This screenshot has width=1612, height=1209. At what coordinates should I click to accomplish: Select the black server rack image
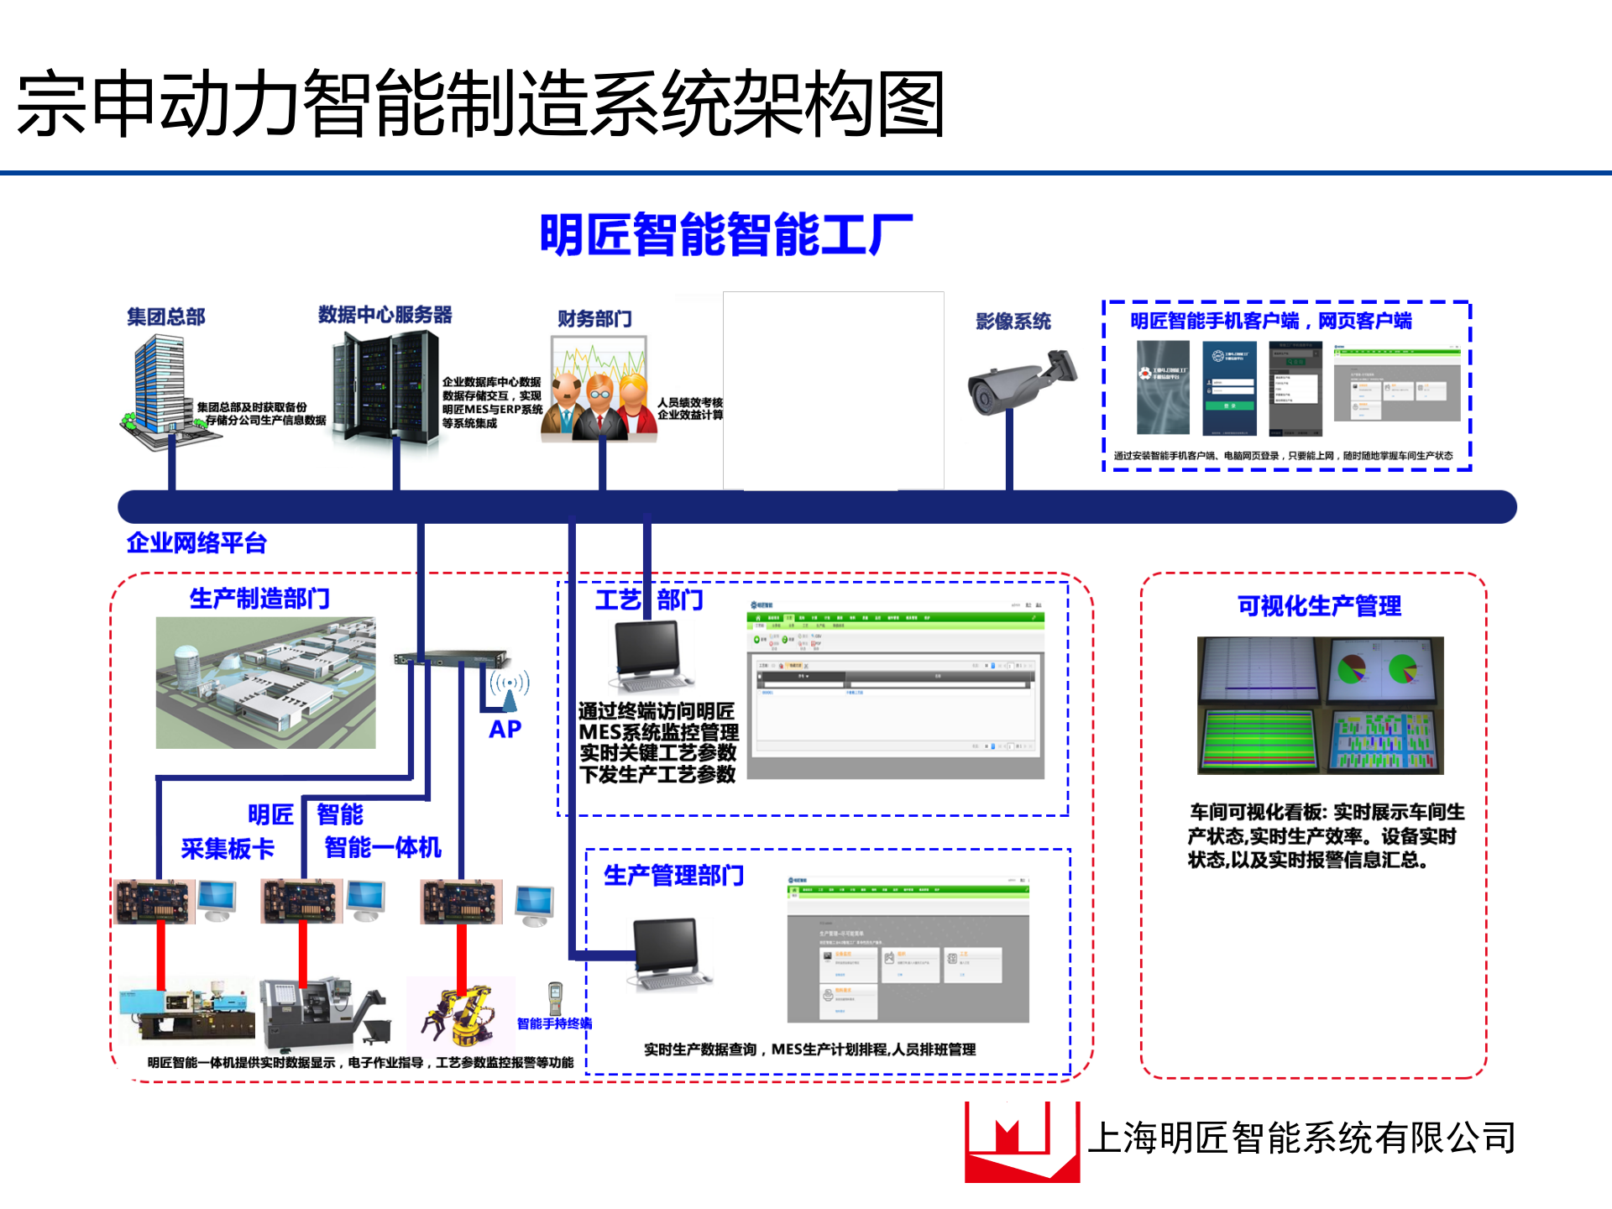click(386, 386)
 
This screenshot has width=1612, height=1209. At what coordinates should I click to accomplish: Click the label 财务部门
click(594, 319)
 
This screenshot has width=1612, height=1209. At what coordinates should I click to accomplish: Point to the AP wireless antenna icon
click(509, 688)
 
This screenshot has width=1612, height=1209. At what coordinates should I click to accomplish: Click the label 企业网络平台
click(196, 543)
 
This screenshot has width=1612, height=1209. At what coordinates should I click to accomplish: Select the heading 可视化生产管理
click(1318, 605)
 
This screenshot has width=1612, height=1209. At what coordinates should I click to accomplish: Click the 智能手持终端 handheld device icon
click(555, 998)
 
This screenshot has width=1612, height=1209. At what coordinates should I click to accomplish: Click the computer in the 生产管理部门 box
click(668, 954)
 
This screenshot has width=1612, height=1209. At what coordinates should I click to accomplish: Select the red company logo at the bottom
click(1021, 1142)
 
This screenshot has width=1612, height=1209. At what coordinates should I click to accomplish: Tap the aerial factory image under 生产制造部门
click(265, 683)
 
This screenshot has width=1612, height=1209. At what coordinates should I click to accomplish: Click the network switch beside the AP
click(451, 658)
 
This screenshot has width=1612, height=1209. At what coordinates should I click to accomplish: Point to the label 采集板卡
click(228, 848)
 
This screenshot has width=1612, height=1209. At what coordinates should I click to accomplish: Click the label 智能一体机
click(382, 847)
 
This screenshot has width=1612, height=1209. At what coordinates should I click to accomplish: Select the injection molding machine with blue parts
click(186, 1009)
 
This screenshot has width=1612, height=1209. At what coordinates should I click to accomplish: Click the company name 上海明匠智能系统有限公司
click(1301, 1138)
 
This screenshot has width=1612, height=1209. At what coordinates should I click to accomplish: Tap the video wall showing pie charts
click(1321, 705)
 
